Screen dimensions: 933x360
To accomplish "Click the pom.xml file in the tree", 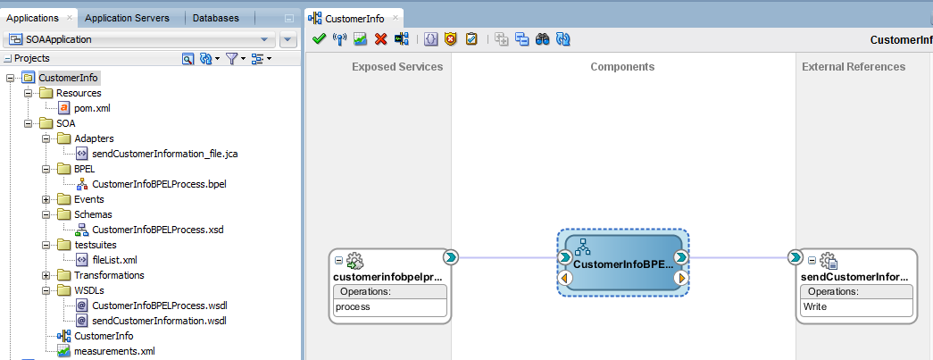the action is [x=92, y=108].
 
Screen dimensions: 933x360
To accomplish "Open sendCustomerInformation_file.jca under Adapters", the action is [x=165, y=154].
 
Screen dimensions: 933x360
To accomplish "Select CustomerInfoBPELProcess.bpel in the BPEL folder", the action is [x=159, y=184].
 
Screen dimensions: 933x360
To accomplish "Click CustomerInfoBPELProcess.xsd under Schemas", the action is [x=157, y=229].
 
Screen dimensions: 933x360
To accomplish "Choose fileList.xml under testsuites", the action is [x=115, y=260].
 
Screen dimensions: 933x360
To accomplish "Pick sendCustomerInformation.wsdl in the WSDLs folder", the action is [x=159, y=321].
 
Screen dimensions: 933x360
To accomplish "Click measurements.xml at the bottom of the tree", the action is [x=114, y=351].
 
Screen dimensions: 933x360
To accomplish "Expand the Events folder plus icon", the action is [x=46, y=199].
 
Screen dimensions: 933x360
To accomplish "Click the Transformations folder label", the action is [x=109, y=275].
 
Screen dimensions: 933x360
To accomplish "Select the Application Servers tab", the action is [x=127, y=18].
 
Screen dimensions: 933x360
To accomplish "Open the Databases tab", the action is [x=215, y=18].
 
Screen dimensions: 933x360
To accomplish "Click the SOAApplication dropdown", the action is [x=139, y=40].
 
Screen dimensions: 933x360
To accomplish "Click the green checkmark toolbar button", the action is [x=319, y=39].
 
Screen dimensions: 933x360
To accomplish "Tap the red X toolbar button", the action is [x=381, y=39].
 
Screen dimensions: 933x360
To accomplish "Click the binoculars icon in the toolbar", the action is [x=542, y=39].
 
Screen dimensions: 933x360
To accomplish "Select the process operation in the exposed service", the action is [x=353, y=307].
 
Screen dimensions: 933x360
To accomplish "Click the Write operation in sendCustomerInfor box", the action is [x=814, y=307].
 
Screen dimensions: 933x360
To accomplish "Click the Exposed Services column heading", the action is [x=397, y=67].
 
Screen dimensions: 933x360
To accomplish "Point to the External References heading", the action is [x=854, y=67].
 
